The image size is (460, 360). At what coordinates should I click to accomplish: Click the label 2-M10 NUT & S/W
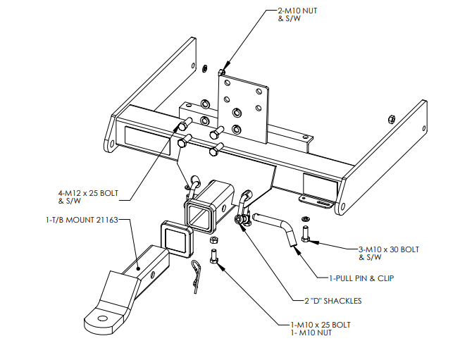(297, 15)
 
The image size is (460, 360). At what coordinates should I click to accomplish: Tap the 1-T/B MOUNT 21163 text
(82, 220)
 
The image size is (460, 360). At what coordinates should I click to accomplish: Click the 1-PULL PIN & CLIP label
(361, 278)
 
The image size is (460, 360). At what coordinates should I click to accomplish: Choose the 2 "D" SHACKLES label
(333, 301)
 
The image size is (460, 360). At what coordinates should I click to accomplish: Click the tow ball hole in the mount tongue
(102, 318)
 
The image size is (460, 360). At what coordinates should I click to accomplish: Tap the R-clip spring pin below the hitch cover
(195, 275)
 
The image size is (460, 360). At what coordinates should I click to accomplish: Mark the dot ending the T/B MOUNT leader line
(139, 268)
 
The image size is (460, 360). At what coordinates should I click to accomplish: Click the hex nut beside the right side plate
(391, 119)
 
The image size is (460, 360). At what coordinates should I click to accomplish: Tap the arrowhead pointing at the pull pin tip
(297, 250)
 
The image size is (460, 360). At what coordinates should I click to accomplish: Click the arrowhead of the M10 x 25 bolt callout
(220, 265)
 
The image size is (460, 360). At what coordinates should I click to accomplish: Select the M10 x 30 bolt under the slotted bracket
(305, 234)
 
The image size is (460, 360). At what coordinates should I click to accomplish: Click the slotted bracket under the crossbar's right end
(317, 202)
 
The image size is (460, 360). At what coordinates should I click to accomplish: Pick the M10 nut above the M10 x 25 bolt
(213, 240)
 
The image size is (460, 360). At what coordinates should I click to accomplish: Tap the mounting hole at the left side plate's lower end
(112, 144)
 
